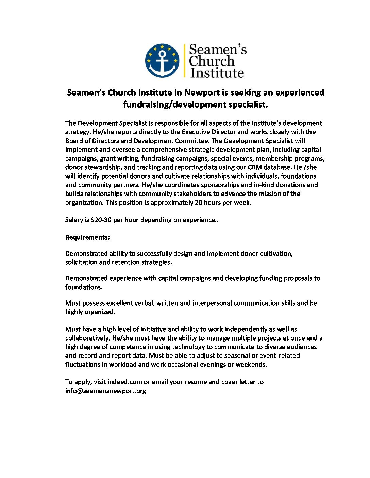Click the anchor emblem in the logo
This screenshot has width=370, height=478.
click(x=162, y=60)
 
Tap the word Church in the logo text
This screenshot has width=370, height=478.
click(x=212, y=61)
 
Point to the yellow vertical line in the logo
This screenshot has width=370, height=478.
click(x=184, y=60)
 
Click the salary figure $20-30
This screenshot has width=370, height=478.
click(x=101, y=220)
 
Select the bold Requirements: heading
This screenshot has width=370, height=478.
click(x=87, y=237)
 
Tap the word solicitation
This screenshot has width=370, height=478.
click(x=81, y=262)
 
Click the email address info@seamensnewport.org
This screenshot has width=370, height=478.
click(x=105, y=391)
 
